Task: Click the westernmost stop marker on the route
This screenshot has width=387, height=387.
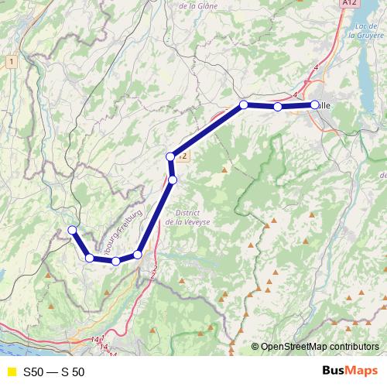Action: [x=72, y=230]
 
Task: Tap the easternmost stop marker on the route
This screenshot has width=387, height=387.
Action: [x=315, y=104]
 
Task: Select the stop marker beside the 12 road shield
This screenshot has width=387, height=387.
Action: [x=171, y=157]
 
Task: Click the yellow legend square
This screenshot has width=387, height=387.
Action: [x=11, y=372]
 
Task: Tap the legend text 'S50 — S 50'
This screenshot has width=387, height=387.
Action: [x=54, y=372]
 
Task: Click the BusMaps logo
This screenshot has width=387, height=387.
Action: [x=351, y=372]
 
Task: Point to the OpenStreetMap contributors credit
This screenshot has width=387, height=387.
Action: [x=319, y=346]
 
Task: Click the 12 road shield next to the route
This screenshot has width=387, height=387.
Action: [x=183, y=156]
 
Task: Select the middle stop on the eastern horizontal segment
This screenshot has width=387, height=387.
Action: [x=277, y=107]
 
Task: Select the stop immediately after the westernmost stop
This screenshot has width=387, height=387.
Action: [x=90, y=258]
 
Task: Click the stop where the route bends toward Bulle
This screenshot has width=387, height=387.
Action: [x=243, y=104]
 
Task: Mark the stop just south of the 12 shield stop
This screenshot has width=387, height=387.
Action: [x=173, y=180]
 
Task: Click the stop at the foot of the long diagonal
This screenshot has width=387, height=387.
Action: [x=138, y=255]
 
